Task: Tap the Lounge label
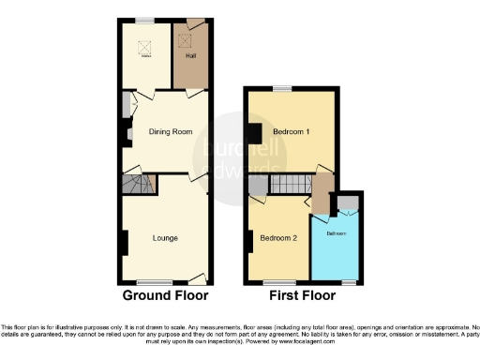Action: (166, 237)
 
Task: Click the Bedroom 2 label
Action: (279, 238)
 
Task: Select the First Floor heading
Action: (303, 295)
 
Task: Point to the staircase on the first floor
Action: (290, 184)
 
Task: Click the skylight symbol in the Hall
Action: (183, 39)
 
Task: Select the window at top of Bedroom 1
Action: (280, 88)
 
